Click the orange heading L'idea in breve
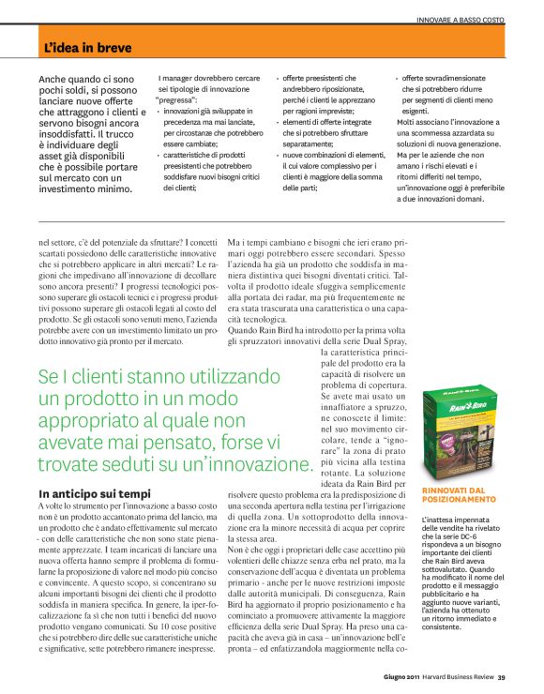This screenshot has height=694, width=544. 87,47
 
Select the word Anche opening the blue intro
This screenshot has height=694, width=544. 57,83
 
